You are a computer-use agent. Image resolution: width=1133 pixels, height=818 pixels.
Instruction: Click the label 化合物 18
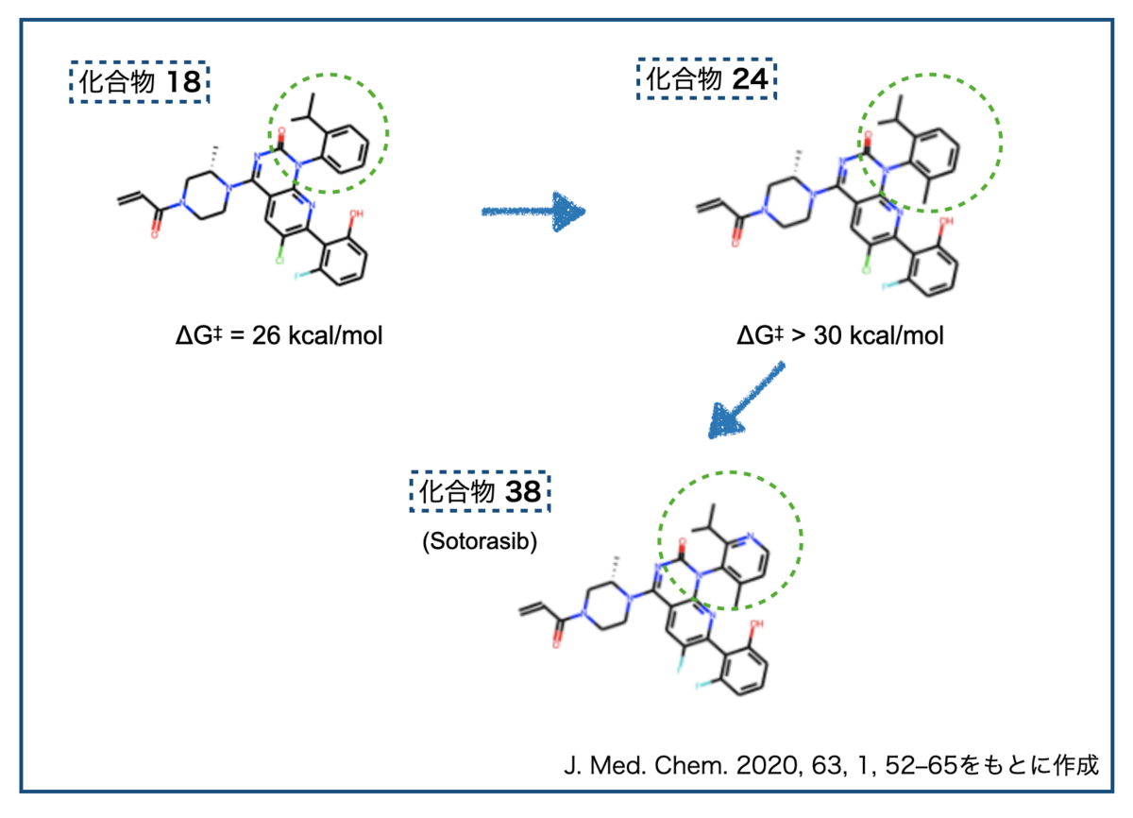point(140,82)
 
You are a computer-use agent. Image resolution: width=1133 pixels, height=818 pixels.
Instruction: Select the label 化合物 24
point(706,79)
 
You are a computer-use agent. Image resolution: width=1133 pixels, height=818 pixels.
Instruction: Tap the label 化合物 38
point(480,491)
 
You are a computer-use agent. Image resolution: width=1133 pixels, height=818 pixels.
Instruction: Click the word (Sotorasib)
point(480,541)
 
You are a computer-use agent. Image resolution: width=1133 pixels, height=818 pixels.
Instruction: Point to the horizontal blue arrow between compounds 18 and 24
point(533,212)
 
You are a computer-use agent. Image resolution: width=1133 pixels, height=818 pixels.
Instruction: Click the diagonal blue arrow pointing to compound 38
point(746,400)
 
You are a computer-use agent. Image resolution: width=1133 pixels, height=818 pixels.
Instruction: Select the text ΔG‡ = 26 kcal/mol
point(279,335)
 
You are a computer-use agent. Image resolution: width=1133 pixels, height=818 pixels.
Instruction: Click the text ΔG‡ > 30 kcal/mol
point(840,335)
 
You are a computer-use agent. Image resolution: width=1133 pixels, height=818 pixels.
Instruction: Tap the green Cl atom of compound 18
point(279,261)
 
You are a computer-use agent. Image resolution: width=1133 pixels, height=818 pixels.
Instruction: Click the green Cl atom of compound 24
point(867,270)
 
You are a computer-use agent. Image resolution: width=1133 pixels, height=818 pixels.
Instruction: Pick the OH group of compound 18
point(356,213)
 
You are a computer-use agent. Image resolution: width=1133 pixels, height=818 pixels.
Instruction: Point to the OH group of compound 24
point(946,221)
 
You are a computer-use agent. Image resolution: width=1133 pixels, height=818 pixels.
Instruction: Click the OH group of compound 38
point(756,623)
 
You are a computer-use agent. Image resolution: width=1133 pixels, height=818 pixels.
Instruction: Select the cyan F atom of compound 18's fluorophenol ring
point(298,276)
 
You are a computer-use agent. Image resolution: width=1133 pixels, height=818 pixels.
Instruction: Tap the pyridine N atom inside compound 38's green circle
point(750,536)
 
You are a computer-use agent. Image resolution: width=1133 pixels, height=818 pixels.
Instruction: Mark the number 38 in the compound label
point(523,492)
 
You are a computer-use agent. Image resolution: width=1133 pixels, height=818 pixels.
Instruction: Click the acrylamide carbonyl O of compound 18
point(154,234)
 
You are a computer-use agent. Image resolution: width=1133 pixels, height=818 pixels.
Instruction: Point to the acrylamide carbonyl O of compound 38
point(556,644)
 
